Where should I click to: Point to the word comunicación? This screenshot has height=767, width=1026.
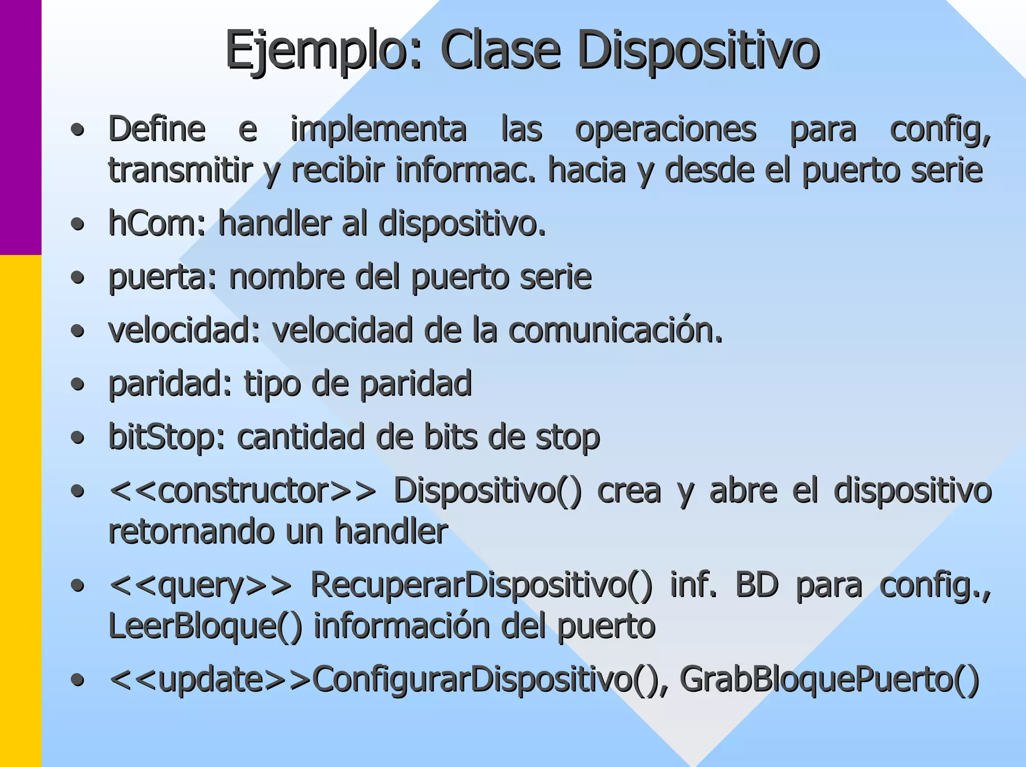click(x=616, y=331)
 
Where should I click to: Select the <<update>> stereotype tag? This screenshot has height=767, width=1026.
click(x=210, y=680)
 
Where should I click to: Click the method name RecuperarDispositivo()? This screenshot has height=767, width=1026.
click(x=481, y=585)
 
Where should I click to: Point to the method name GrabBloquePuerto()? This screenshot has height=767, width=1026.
click(x=829, y=680)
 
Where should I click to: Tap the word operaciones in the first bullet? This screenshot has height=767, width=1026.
click(x=665, y=130)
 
